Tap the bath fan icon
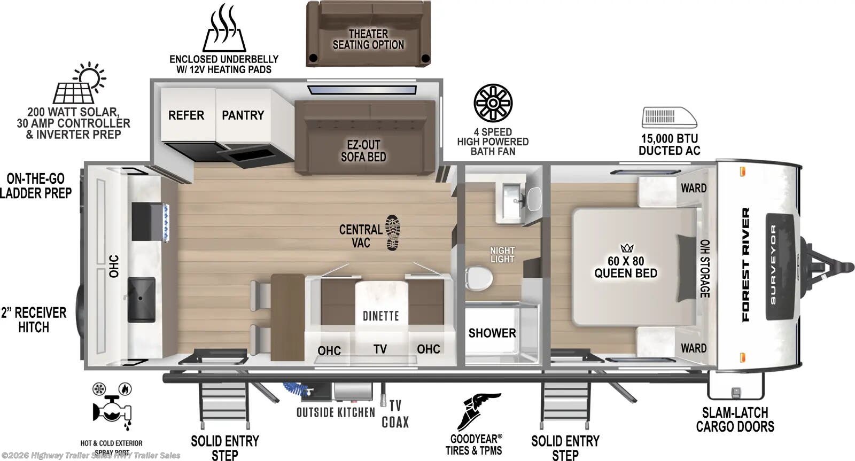click(493, 103)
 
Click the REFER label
click(186, 115)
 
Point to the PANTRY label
click(243, 115)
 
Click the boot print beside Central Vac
click(393, 232)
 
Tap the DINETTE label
click(380, 316)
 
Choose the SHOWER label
click(492, 333)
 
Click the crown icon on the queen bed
click(626, 248)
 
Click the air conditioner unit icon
click(670, 118)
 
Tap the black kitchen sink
click(142, 299)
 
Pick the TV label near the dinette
click(380, 349)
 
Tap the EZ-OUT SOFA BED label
click(363, 151)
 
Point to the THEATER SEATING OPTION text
click(368, 40)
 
